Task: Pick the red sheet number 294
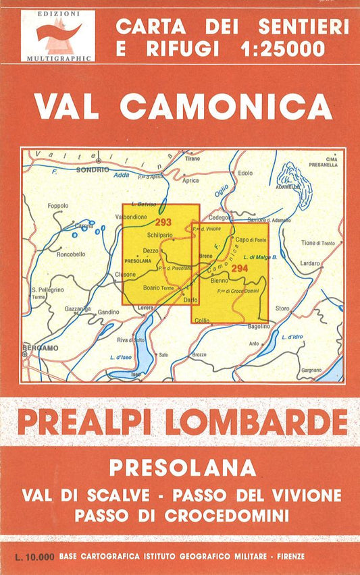(239, 269)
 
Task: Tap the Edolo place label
(245, 173)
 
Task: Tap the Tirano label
(192, 159)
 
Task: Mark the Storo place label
(282, 308)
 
